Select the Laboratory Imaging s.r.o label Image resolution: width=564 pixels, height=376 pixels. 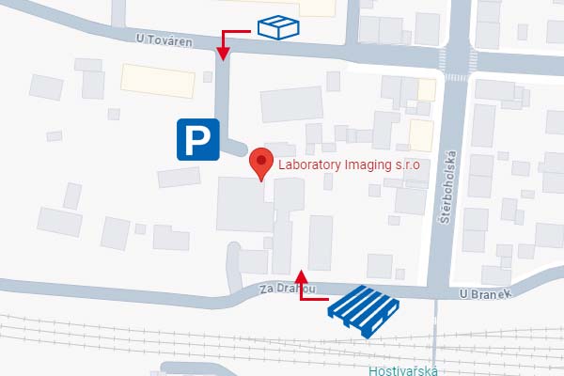pyautogui.click(x=347, y=165)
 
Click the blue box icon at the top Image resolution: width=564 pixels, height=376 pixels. pyautogui.click(x=278, y=28)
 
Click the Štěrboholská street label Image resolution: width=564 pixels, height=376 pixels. pyautogui.click(x=449, y=184)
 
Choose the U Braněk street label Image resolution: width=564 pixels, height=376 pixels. pyautogui.click(x=484, y=293)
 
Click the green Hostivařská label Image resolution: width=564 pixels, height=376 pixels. pyautogui.click(x=403, y=369)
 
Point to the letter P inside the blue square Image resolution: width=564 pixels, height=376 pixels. pyautogui.click(x=196, y=140)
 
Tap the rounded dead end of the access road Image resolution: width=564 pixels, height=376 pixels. pyautogui.click(x=238, y=149)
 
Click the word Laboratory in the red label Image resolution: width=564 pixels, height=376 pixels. pyautogui.click(x=308, y=165)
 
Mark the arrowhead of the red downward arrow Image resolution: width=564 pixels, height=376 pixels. pyautogui.click(x=224, y=55)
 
